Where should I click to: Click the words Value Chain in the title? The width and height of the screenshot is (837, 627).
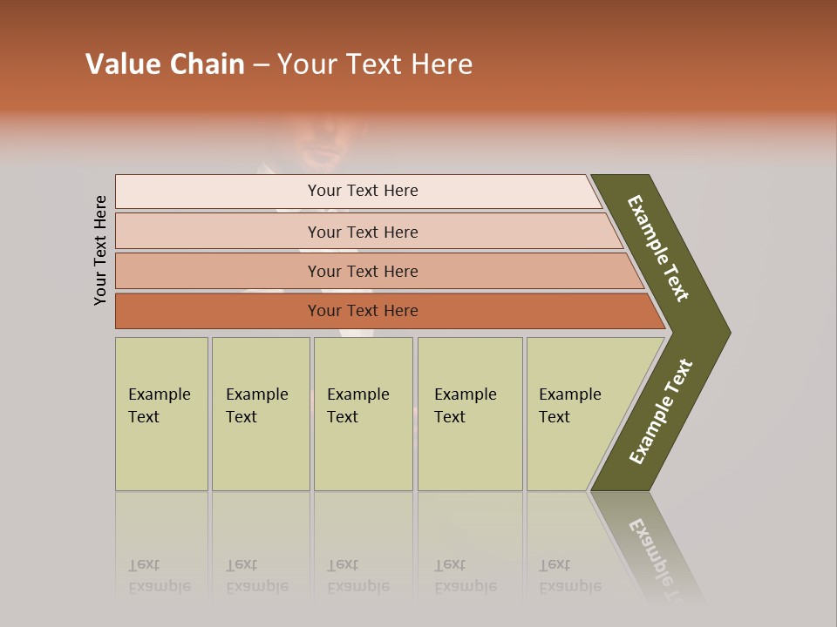[x=165, y=64]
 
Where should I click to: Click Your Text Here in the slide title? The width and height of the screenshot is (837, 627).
[x=375, y=64]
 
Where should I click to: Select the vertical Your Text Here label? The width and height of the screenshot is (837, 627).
[x=100, y=250]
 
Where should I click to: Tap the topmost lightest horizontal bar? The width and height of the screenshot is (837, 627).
[x=362, y=191]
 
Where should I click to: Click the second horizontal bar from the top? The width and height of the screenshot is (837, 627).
[x=362, y=232]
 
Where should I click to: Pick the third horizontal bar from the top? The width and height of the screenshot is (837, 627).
[x=362, y=271]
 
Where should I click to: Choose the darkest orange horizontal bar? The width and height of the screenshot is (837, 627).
[x=362, y=311]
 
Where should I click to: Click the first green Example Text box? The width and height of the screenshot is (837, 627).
[x=161, y=414]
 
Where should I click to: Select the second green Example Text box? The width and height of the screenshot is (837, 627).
[x=260, y=414]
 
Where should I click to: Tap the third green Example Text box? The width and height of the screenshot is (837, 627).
[x=362, y=414]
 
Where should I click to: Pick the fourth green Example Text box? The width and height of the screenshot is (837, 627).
[x=469, y=414]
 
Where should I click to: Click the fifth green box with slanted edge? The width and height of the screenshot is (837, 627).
[x=575, y=414]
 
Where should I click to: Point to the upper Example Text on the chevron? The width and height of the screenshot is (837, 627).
[x=658, y=248]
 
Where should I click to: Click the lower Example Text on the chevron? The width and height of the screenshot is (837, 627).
[x=660, y=412]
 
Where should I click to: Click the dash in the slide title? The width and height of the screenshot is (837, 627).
[x=261, y=64]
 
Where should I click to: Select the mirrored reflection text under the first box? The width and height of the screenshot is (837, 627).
[x=160, y=576]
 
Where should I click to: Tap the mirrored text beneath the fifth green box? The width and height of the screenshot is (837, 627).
[x=569, y=576]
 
